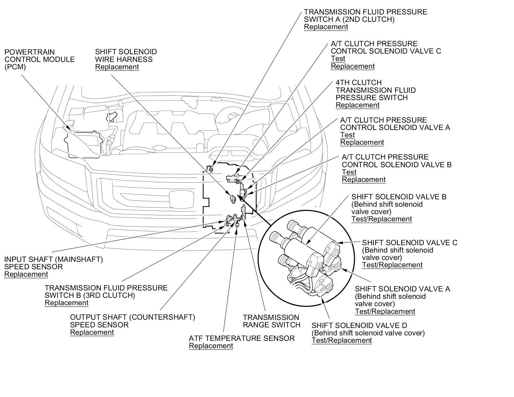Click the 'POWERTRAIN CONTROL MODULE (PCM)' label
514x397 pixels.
pyautogui.click(x=40, y=59)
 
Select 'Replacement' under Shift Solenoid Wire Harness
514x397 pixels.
pyautogui.click(x=117, y=67)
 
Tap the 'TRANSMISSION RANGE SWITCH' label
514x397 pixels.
pyautogui.click(x=271, y=321)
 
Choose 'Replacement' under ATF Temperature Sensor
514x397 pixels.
pyautogui.click(x=211, y=346)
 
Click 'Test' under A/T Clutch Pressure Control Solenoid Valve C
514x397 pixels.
pyautogui.click(x=338, y=59)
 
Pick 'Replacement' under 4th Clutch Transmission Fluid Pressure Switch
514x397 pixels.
pyautogui.click(x=358, y=105)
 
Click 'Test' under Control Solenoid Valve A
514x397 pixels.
pyautogui.click(x=347, y=135)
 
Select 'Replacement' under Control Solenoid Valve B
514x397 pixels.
pyautogui.click(x=363, y=180)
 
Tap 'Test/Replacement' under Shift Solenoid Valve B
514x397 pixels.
pyautogui.click(x=382, y=219)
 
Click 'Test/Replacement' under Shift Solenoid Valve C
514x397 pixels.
pyautogui.click(x=392, y=265)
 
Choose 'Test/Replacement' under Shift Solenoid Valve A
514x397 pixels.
pyautogui.click(x=385, y=312)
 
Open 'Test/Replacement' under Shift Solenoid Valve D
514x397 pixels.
pyautogui.click(x=341, y=341)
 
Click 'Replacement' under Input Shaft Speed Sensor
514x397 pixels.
pyautogui.click(x=26, y=274)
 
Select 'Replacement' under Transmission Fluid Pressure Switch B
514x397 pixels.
pyautogui.click(x=66, y=303)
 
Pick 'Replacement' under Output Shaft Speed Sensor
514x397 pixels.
pyautogui.click(x=92, y=332)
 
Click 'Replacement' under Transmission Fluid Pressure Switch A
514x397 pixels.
pyautogui.click(x=326, y=27)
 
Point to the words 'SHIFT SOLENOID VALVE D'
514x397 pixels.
pyautogui.click(x=359, y=325)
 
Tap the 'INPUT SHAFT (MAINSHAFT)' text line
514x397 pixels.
pyautogui.click(x=53, y=259)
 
